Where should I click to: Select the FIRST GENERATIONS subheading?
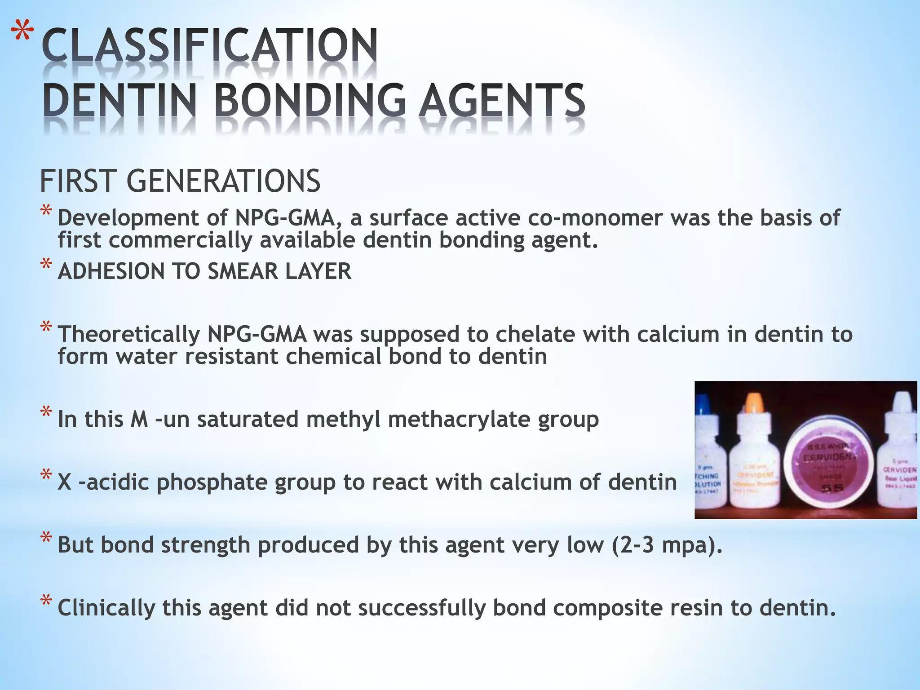click(x=180, y=181)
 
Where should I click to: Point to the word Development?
click(x=128, y=218)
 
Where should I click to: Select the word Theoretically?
click(x=128, y=334)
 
